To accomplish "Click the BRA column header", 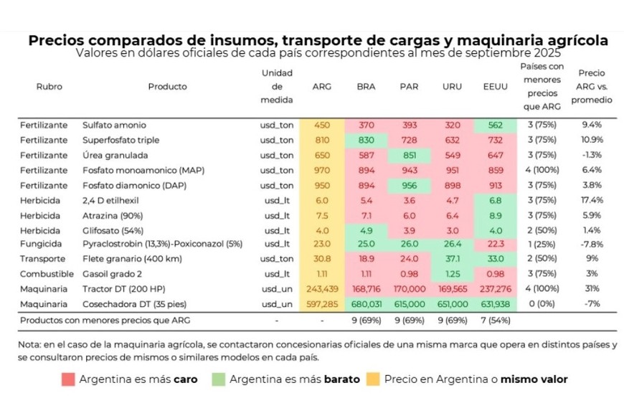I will pyautogui.click(x=366, y=87).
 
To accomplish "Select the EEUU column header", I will pyautogui.click(x=495, y=87).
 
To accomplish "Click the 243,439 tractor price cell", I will pyautogui.click(x=322, y=289).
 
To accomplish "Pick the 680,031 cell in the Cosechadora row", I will pyautogui.click(x=366, y=304).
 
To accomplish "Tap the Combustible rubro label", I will pyautogui.click(x=47, y=274).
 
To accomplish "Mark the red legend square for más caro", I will pyautogui.click(x=67, y=379).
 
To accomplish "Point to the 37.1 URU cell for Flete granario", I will pyautogui.click(x=453, y=259).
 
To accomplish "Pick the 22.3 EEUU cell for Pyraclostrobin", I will pyautogui.click(x=495, y=244).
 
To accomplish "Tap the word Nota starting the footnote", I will pyautogui.click(x=30, y=344).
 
